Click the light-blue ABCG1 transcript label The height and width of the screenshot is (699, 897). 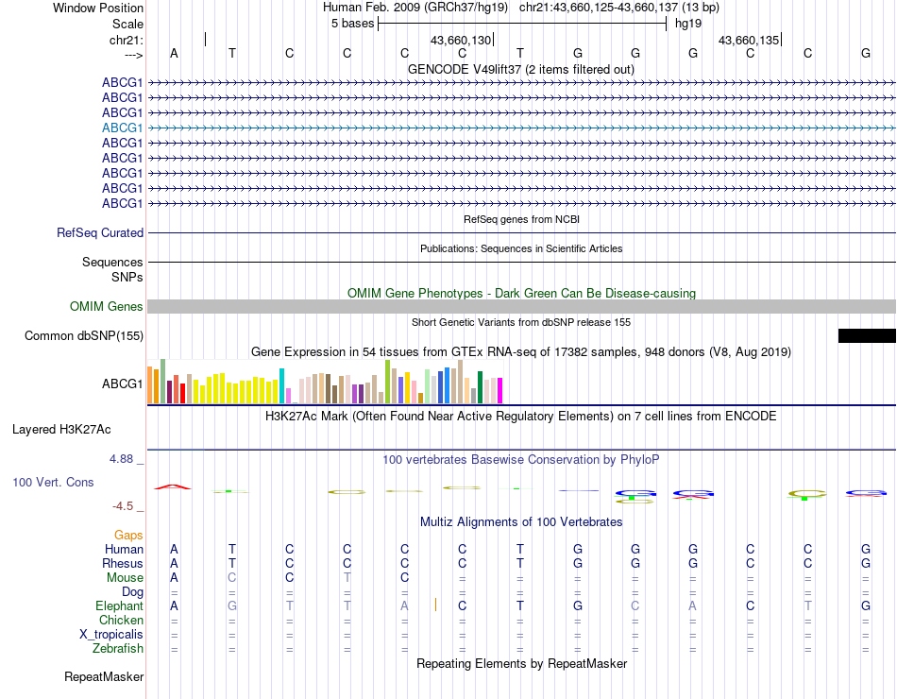[123, 128]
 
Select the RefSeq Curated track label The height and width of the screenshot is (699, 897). [100, 232]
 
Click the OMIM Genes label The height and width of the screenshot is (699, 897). [107, 306]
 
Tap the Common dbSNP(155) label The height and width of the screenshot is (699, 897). [84, 335]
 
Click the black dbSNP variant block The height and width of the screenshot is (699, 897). [867, 335]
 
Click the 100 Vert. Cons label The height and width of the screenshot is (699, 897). [53, 482]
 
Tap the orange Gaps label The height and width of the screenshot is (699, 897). [128, 535]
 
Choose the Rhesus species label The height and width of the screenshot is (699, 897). [122, 563]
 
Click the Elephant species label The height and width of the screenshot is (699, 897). [119, 605]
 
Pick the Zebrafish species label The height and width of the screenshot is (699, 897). [118, 648]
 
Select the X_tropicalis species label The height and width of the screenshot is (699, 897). [111, 634]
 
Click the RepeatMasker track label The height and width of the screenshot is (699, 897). [104, 676]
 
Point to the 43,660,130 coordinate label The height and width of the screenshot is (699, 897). [461, 40]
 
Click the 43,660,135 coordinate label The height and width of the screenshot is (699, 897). [749, 40]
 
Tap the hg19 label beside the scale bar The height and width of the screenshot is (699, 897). [686, 23]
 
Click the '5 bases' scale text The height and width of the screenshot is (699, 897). [351, 23]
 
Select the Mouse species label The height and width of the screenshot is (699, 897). [125, 577]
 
